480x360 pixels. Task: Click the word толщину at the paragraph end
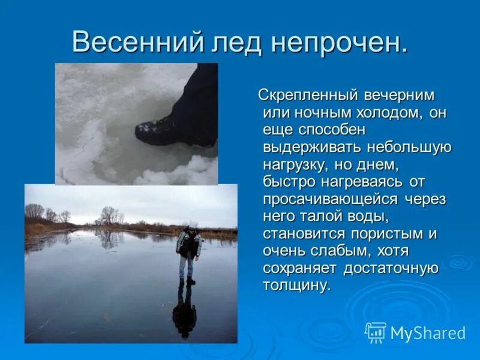tap(296, 285)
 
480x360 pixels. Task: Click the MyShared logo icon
tap(376, 332)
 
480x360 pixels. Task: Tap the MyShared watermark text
tap(428, 333)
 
